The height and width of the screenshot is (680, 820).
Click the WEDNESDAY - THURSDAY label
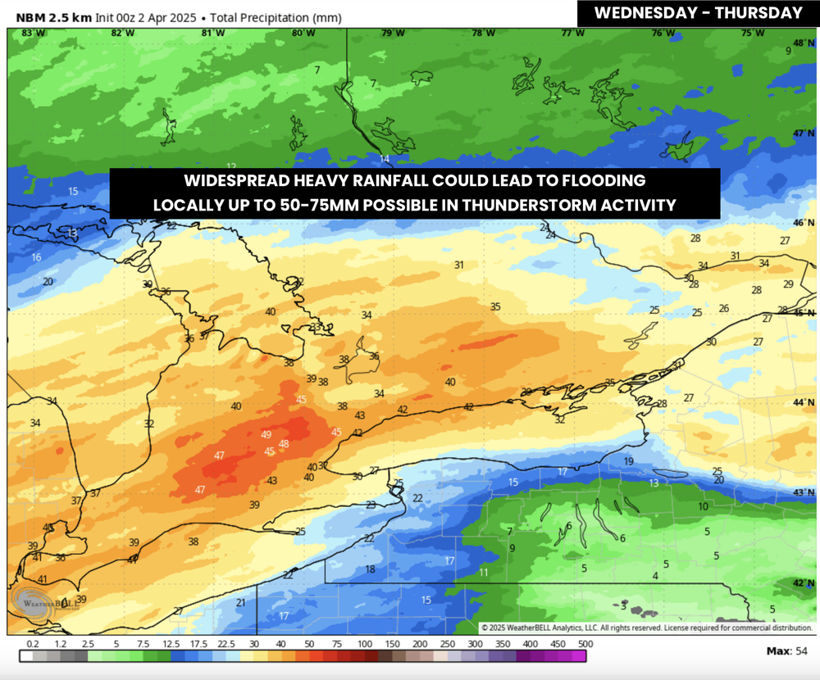(x=697, y=12)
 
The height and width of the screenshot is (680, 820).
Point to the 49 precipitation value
(x=266, y=434)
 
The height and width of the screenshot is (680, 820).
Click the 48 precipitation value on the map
(x=284, y=444)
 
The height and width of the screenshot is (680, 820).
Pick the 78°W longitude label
(x=483, y=33)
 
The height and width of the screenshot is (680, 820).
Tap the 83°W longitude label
(x=32, y=33)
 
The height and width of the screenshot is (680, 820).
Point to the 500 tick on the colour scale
(x=585, y=645)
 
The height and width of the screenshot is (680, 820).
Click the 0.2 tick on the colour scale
(x=33, y=645)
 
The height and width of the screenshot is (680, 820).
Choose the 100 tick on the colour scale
(x=364, y=645)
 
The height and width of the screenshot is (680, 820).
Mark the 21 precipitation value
(x=240, y=603)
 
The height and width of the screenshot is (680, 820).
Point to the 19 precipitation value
(x=629, y=461)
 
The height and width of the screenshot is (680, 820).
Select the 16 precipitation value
(x=36, y=257)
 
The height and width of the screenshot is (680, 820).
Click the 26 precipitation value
(x=723, y=308)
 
